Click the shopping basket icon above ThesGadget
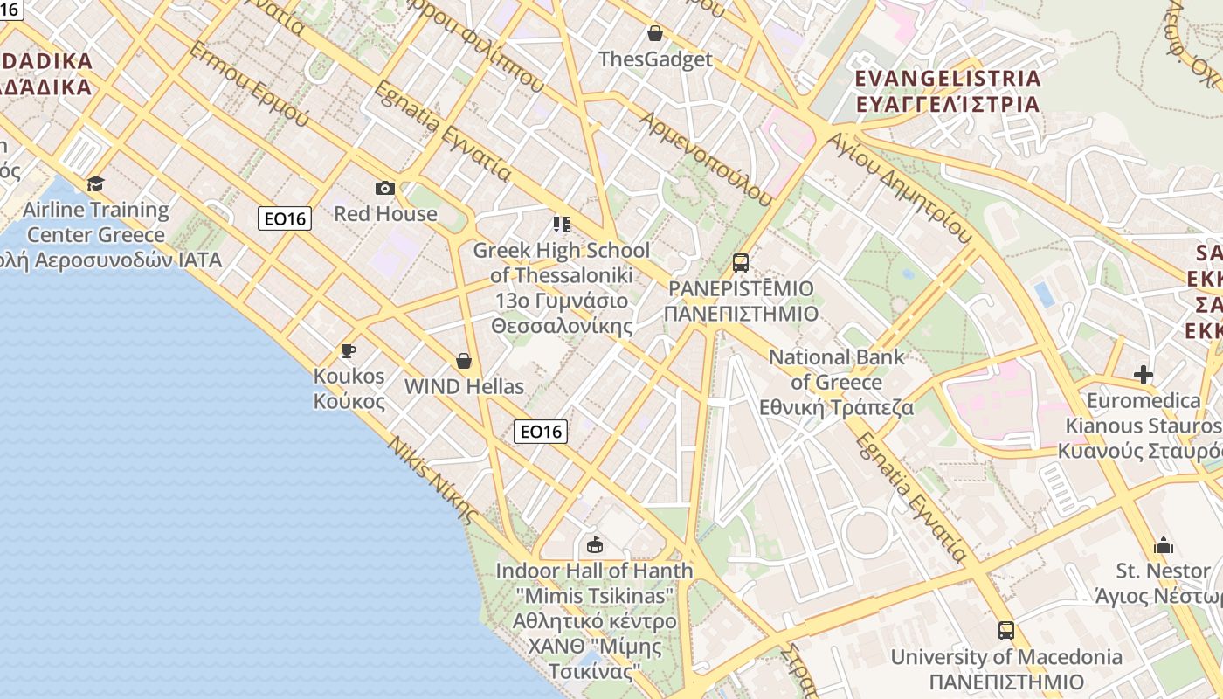(x=655, y=33)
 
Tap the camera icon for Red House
(x=384, y=188)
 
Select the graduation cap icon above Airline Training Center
(x=95, y=183)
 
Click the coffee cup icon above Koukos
(x=349, y=350)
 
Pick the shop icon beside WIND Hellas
(x=463, y=361)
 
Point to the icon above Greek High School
(x=561, y=225)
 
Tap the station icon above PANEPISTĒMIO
(x=741, y=262)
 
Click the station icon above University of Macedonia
(x=1006, y=630)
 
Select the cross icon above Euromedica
(x=1143, y=375)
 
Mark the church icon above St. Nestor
(x=1164, y=546)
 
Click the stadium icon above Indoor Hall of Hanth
(x=595, y=545)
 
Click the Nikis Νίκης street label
(x=434, y=479)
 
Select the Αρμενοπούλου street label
(x=707, y=158)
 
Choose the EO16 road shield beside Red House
(x=285, y=218)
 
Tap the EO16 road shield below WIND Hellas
(x=540, y=431)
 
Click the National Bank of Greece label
(x=836, y=382)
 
